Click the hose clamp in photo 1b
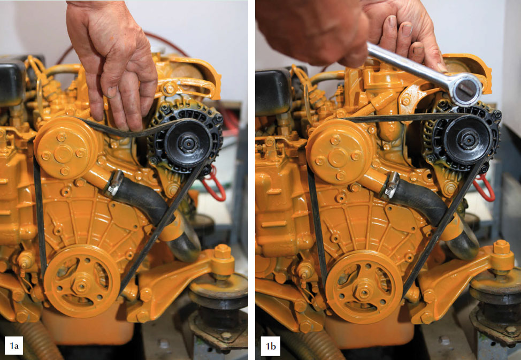pos(391,185)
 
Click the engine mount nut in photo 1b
pos(501,247)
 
